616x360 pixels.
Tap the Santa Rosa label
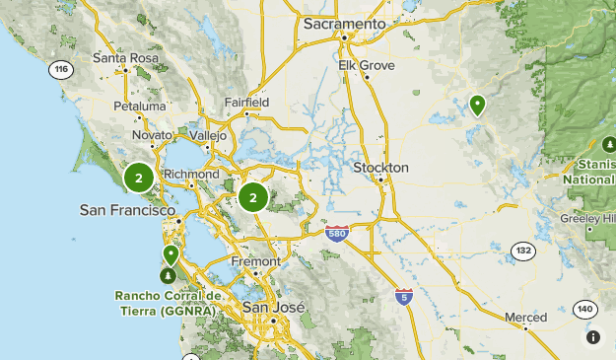[x=125, y=57]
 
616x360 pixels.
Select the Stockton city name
[x=380, y=168]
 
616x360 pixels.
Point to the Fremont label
[x=254, y=261]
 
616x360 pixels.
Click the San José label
[x=269, y=308]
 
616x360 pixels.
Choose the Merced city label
[x=525, y=317]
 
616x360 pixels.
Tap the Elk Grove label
[x=366, y=65]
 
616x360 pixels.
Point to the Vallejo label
[x=207, y=135]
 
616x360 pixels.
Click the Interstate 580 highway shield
[x=337, y=233]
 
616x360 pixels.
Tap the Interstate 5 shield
[x=403, y=295]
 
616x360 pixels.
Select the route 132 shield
[x=522, y=252]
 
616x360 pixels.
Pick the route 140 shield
[x=584, y=309]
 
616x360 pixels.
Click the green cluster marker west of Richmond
[x=139, y=178]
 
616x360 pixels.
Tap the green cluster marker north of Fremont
[x=253, y=197]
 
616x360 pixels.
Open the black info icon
[x=593, y=337]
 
